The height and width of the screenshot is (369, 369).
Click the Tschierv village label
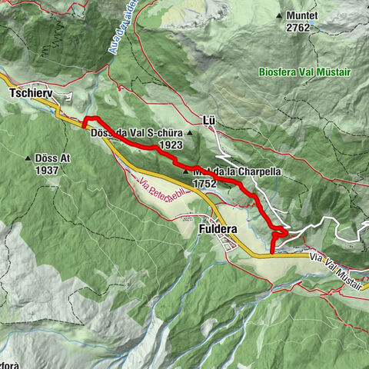pos(30,93)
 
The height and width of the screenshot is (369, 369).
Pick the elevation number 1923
pos(171,145)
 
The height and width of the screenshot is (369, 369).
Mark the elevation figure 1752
pos(206,184)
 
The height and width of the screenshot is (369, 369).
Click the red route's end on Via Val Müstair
pos(272,251)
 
